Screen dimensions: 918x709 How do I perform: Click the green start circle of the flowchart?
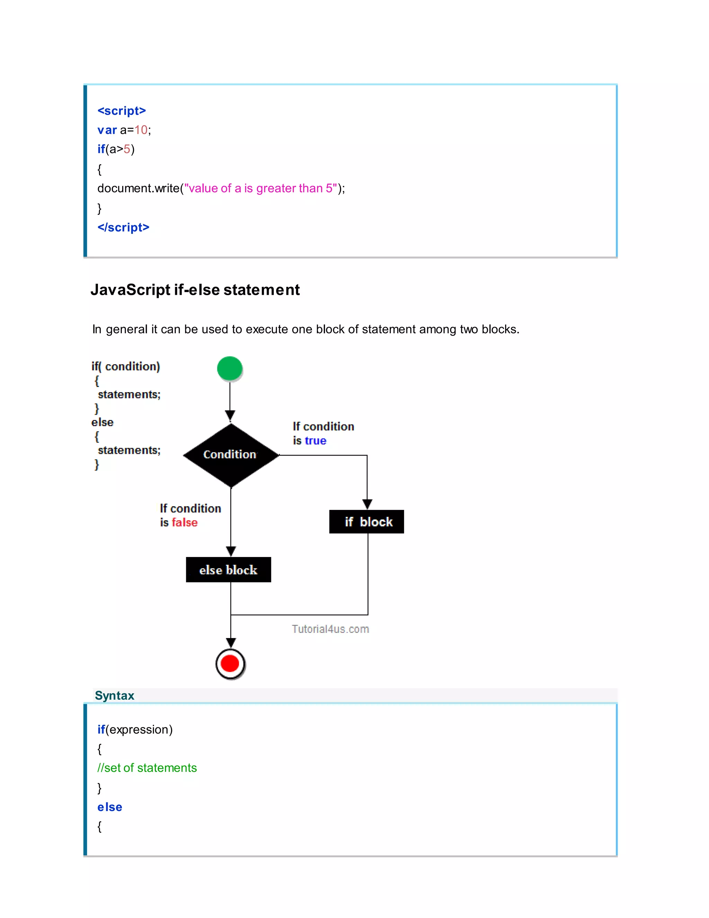coord(229,368)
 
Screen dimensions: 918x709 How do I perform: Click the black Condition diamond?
coord(231,455)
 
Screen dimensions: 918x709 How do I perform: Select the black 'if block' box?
coord(367,522)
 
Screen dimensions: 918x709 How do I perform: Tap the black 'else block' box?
coord(228,570)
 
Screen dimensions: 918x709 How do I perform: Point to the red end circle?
coord(230,664)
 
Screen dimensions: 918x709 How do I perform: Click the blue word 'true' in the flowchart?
coord(315,441)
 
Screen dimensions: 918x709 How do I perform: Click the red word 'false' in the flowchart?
coord(185,522)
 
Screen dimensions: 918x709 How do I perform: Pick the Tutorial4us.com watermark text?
coord(330,629)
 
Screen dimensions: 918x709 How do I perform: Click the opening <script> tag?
coord(122,111)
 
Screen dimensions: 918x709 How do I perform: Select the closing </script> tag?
coord(123,227)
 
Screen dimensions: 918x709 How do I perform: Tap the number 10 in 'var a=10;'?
coord(141,130)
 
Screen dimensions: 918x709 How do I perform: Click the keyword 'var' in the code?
coord(107,130)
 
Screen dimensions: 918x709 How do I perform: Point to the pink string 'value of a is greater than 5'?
coord(261,188)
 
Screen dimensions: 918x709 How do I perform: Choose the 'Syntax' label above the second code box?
coord(114,696)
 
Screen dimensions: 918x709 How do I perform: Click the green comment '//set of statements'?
coord(147,768)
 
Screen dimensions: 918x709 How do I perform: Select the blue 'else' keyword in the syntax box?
coord(110,807)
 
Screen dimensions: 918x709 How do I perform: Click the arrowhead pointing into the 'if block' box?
coord(367,504)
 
